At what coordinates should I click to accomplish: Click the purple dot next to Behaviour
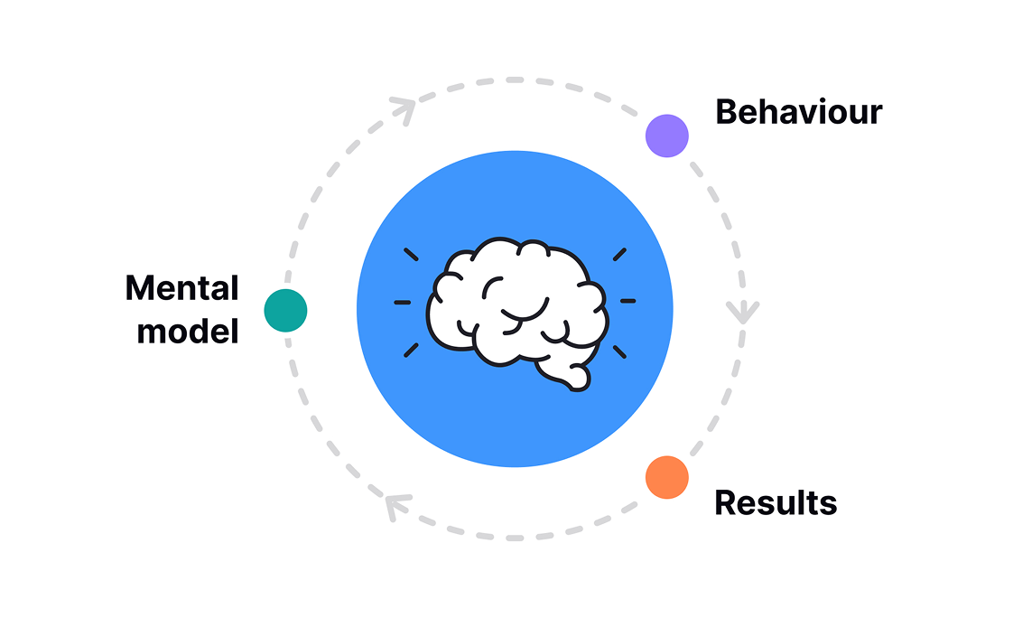(x=667, y=136)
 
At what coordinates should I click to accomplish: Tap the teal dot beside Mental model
(x=285, y=310)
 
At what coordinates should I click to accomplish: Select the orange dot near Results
(x=667, y=477)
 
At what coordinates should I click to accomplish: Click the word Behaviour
(x=798, y=112)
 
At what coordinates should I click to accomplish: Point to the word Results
(x=776, y=502)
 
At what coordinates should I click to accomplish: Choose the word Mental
(x=181, y=288)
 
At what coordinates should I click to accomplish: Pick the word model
(x=187, y=331)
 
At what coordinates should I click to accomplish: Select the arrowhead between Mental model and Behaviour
(x=404, y=109)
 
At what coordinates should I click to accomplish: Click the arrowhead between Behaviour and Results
(x=743, y=313)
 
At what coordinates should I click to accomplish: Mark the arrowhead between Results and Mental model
(x=395, y=507)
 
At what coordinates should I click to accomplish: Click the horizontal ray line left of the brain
(x=403, y=302)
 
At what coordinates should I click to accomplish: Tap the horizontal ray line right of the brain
(x=627, y=300)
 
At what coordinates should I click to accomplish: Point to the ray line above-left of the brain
(x=411, y=254)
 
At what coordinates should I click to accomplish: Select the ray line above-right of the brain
(x=620, y=254)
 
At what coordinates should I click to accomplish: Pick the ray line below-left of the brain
(x=411, y=349)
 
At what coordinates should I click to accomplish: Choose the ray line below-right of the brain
(x=620, y=350)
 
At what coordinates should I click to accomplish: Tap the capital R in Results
(x=725, y=502)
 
